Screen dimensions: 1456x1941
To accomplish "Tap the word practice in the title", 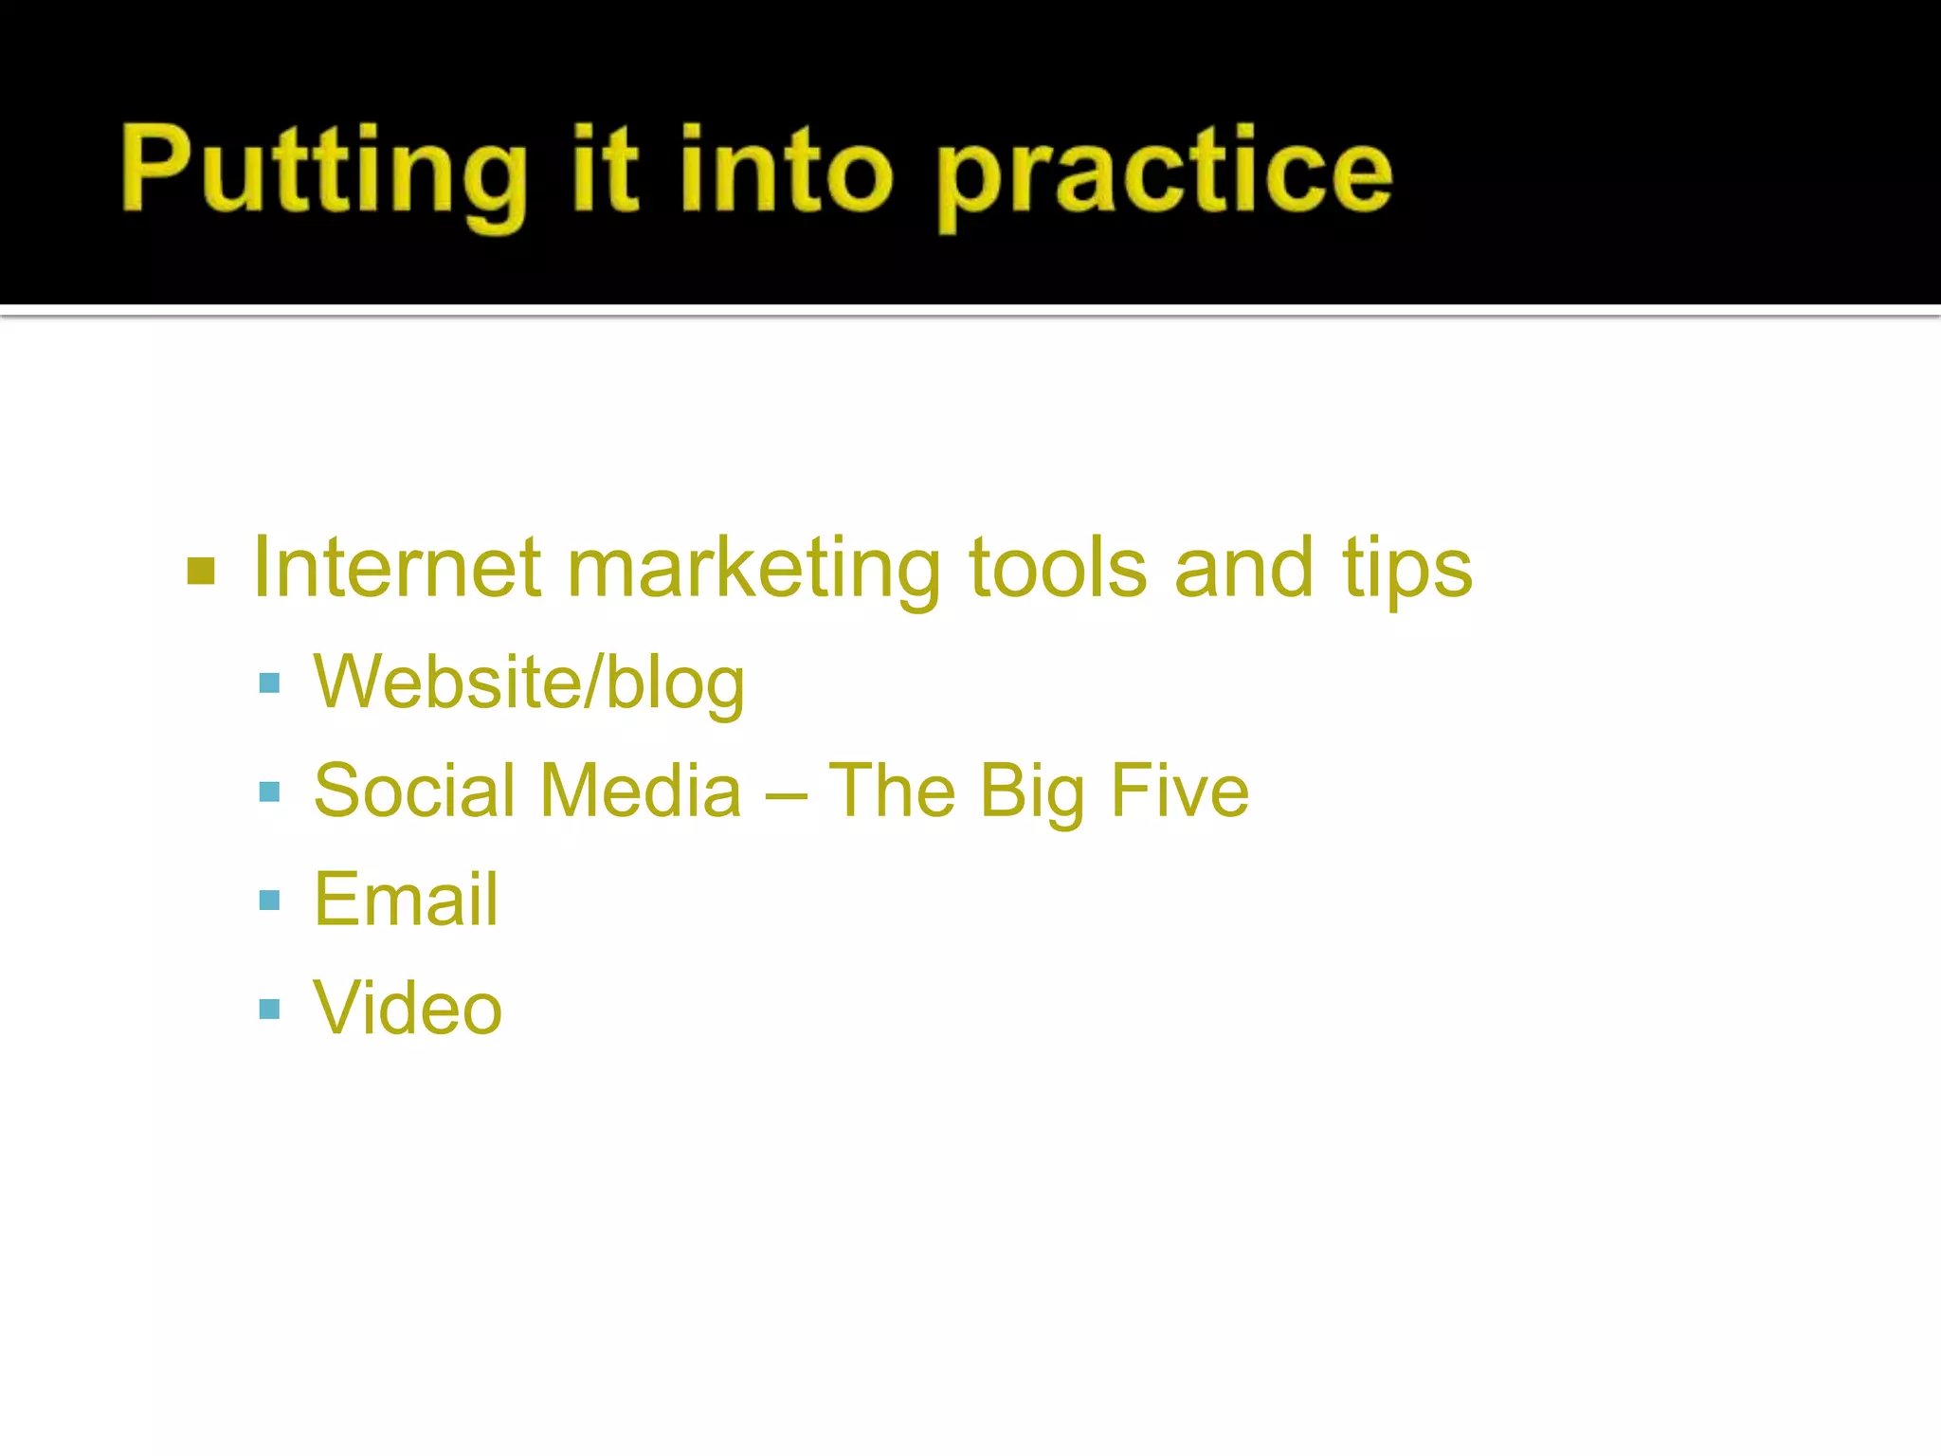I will click(x=1165, y=174).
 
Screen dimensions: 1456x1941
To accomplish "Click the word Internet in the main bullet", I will click(x=397, y=568).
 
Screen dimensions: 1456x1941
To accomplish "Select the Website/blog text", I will click(x=529, y=682).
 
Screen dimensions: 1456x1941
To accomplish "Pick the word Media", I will click(x=642, y=791).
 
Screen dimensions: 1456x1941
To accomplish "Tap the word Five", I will click(x=1180, y=791).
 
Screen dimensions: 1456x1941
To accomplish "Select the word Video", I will click(x=408, y=1008).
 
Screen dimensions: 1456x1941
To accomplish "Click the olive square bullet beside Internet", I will click(x=202, y=572).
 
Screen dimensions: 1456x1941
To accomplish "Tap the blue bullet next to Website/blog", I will click(x=269, y=683).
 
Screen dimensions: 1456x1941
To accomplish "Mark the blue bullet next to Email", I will click(x=269, y=900).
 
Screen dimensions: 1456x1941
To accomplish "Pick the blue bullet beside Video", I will click(x=269, y=1009).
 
